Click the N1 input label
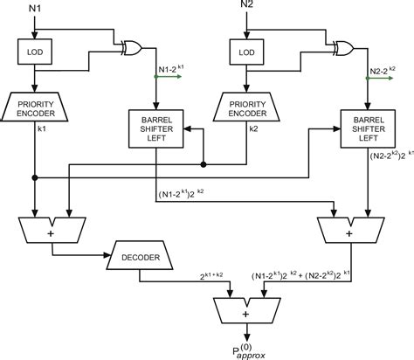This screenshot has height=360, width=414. coord(36,10)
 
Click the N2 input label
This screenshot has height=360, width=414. coord(247,10)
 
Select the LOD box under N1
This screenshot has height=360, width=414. coord(36,55)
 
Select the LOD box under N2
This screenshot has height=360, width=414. coord(247,55)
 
